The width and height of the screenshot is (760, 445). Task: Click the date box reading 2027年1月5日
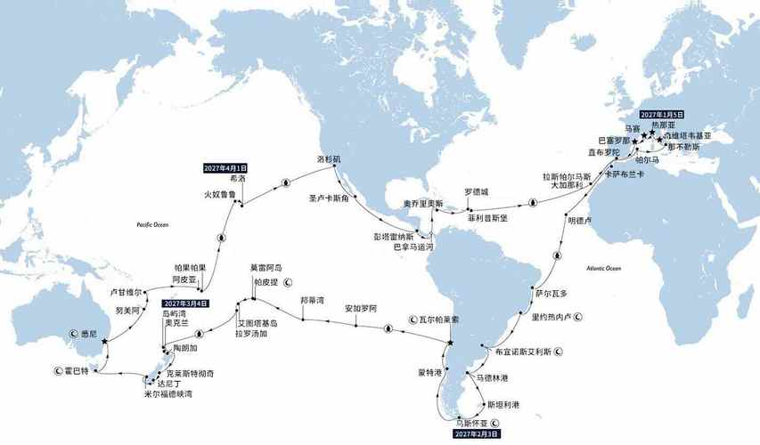pos(661,115)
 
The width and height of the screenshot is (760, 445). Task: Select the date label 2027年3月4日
pos(185,303)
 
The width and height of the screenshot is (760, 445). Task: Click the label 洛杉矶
pos(329,158)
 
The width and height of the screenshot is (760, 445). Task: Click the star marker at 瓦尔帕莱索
pos(451,342)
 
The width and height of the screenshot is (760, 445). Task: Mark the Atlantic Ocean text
pos(603,268)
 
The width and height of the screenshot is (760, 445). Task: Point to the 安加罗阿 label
pos(362,308)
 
